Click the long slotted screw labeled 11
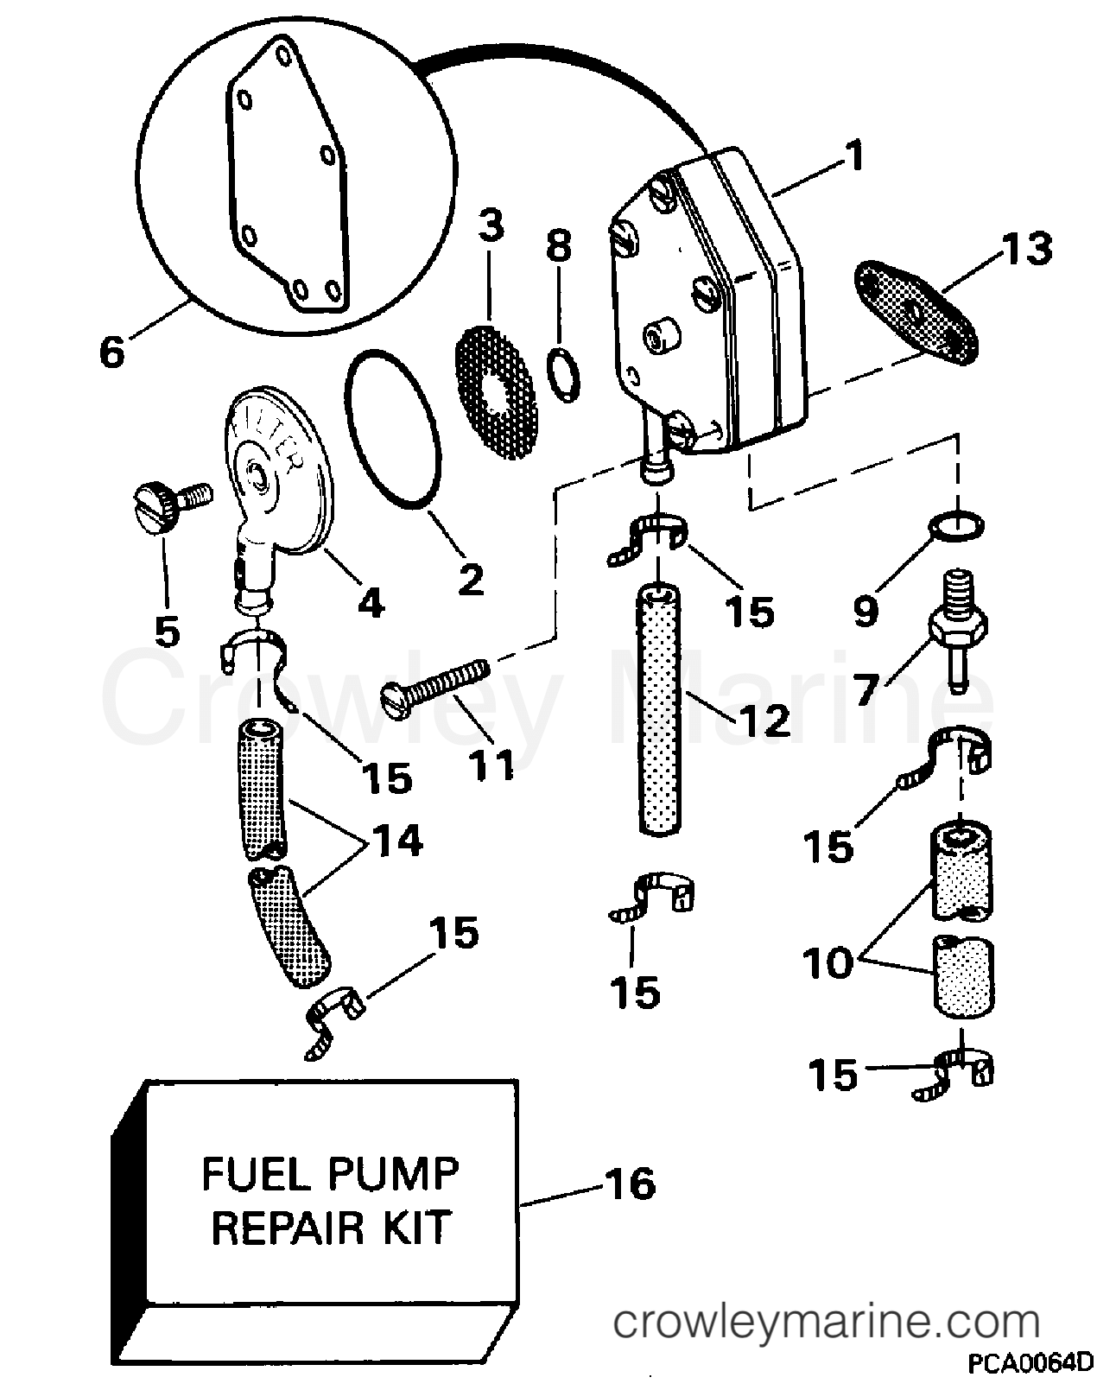[436, 682]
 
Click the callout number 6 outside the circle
[113, 351]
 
